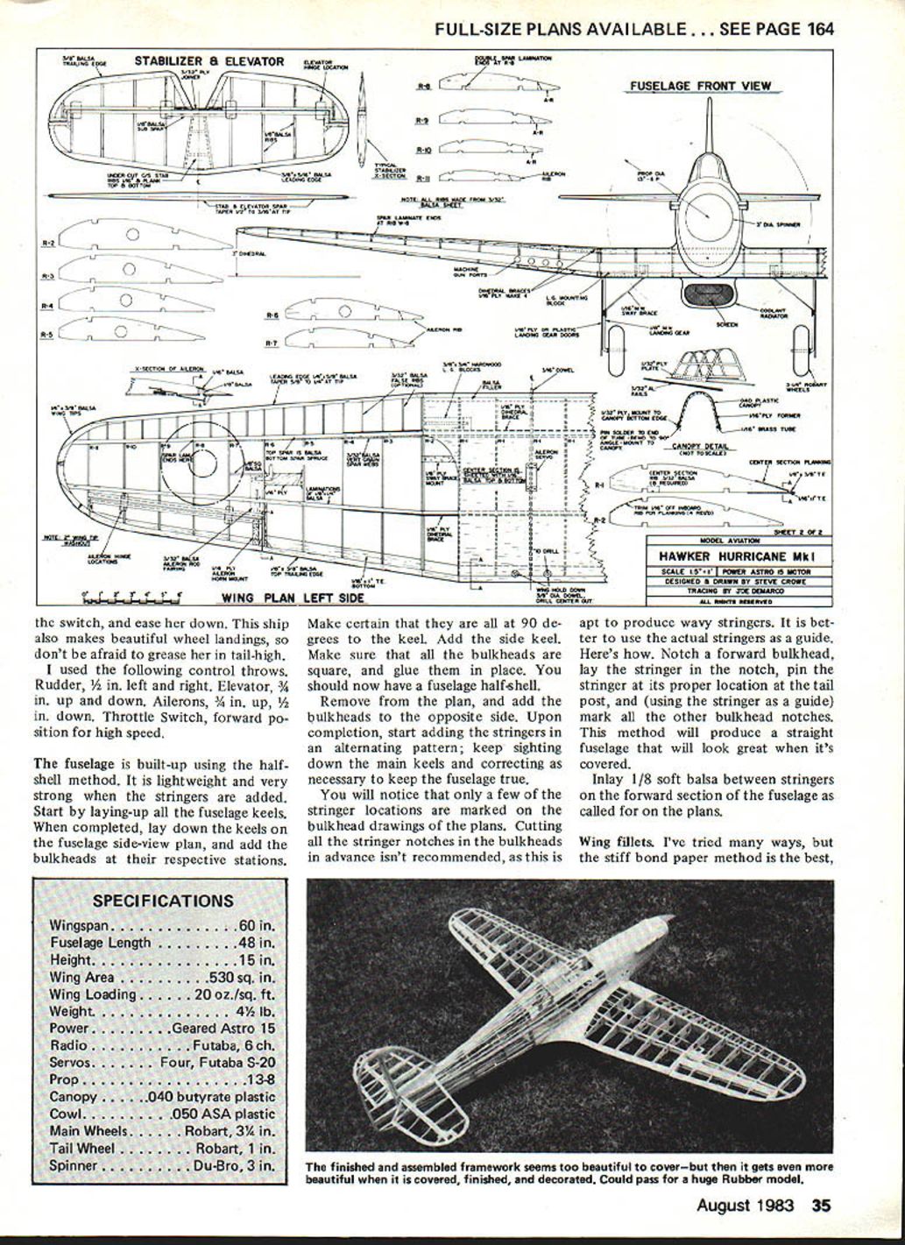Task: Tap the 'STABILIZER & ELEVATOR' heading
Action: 209,61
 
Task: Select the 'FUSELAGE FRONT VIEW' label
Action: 700,86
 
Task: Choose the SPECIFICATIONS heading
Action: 163,901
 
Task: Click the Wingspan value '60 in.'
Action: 255,926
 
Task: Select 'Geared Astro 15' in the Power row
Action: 223,1029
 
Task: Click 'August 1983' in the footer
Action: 745,1205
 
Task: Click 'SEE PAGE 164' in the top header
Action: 776,29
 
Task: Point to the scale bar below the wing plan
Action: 132,598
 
